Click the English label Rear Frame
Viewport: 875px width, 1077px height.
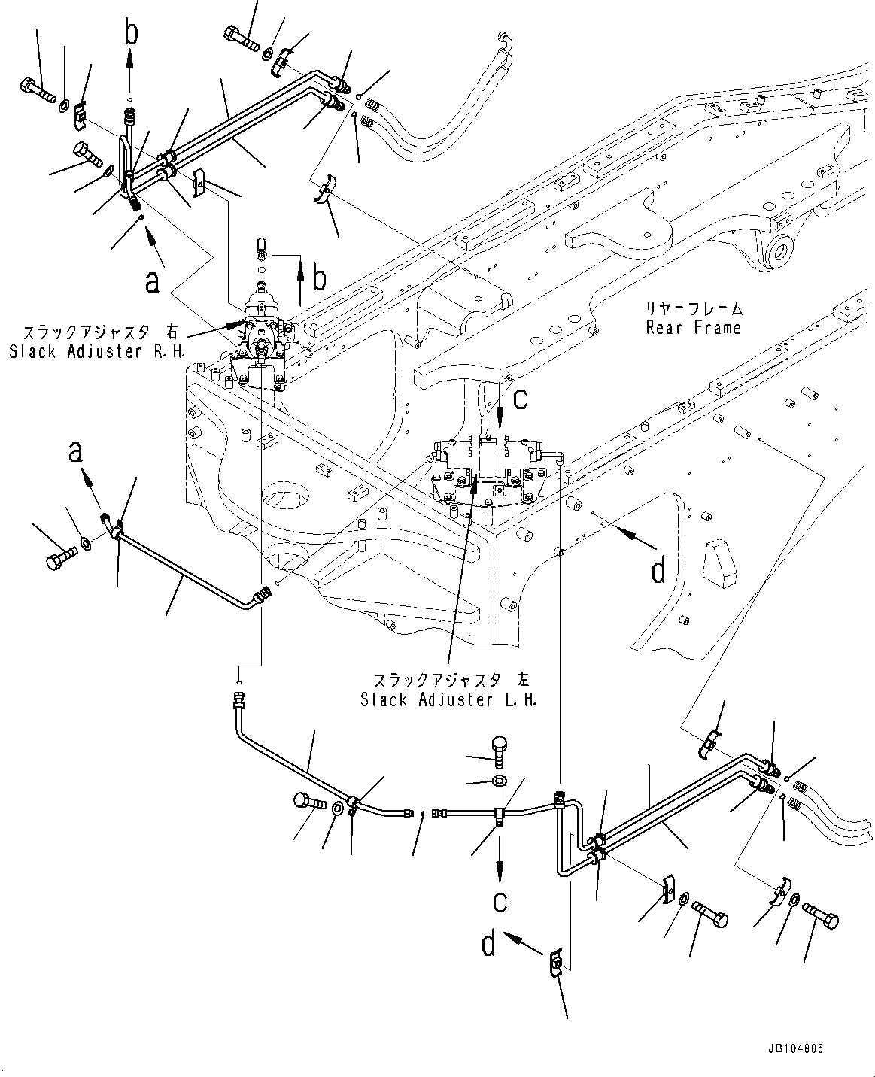693,328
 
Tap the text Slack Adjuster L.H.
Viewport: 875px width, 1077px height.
448,699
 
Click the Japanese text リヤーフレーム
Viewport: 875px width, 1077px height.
693,308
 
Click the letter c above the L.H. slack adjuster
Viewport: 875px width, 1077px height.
521,399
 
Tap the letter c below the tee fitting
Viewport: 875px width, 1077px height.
500,900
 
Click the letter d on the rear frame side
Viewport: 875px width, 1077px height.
658,571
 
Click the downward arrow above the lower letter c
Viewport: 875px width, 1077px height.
499,865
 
